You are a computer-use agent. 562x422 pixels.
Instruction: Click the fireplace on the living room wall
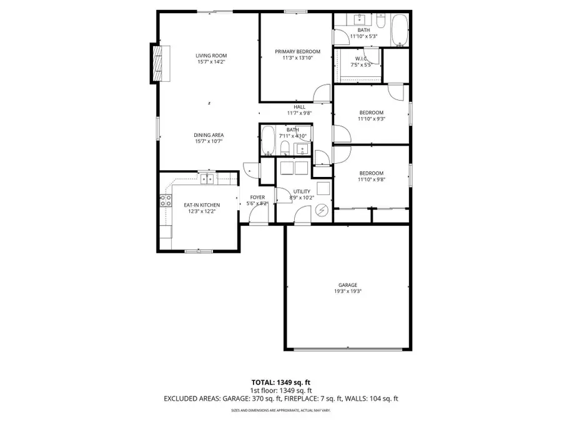(159, 63)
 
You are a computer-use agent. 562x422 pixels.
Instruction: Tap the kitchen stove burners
(166, 201)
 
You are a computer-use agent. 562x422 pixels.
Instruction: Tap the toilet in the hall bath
(285, 148)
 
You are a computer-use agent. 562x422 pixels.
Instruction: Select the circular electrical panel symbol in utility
(322, 211)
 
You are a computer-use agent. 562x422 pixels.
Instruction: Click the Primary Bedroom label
(297, 51)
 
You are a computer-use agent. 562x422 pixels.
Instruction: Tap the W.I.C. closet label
(360, 59)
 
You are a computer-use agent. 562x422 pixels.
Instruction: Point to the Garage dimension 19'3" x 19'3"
(348, 291)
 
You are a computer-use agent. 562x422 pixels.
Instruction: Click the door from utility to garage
(300, 215)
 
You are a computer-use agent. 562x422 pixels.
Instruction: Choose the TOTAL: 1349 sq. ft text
(280, 381)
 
